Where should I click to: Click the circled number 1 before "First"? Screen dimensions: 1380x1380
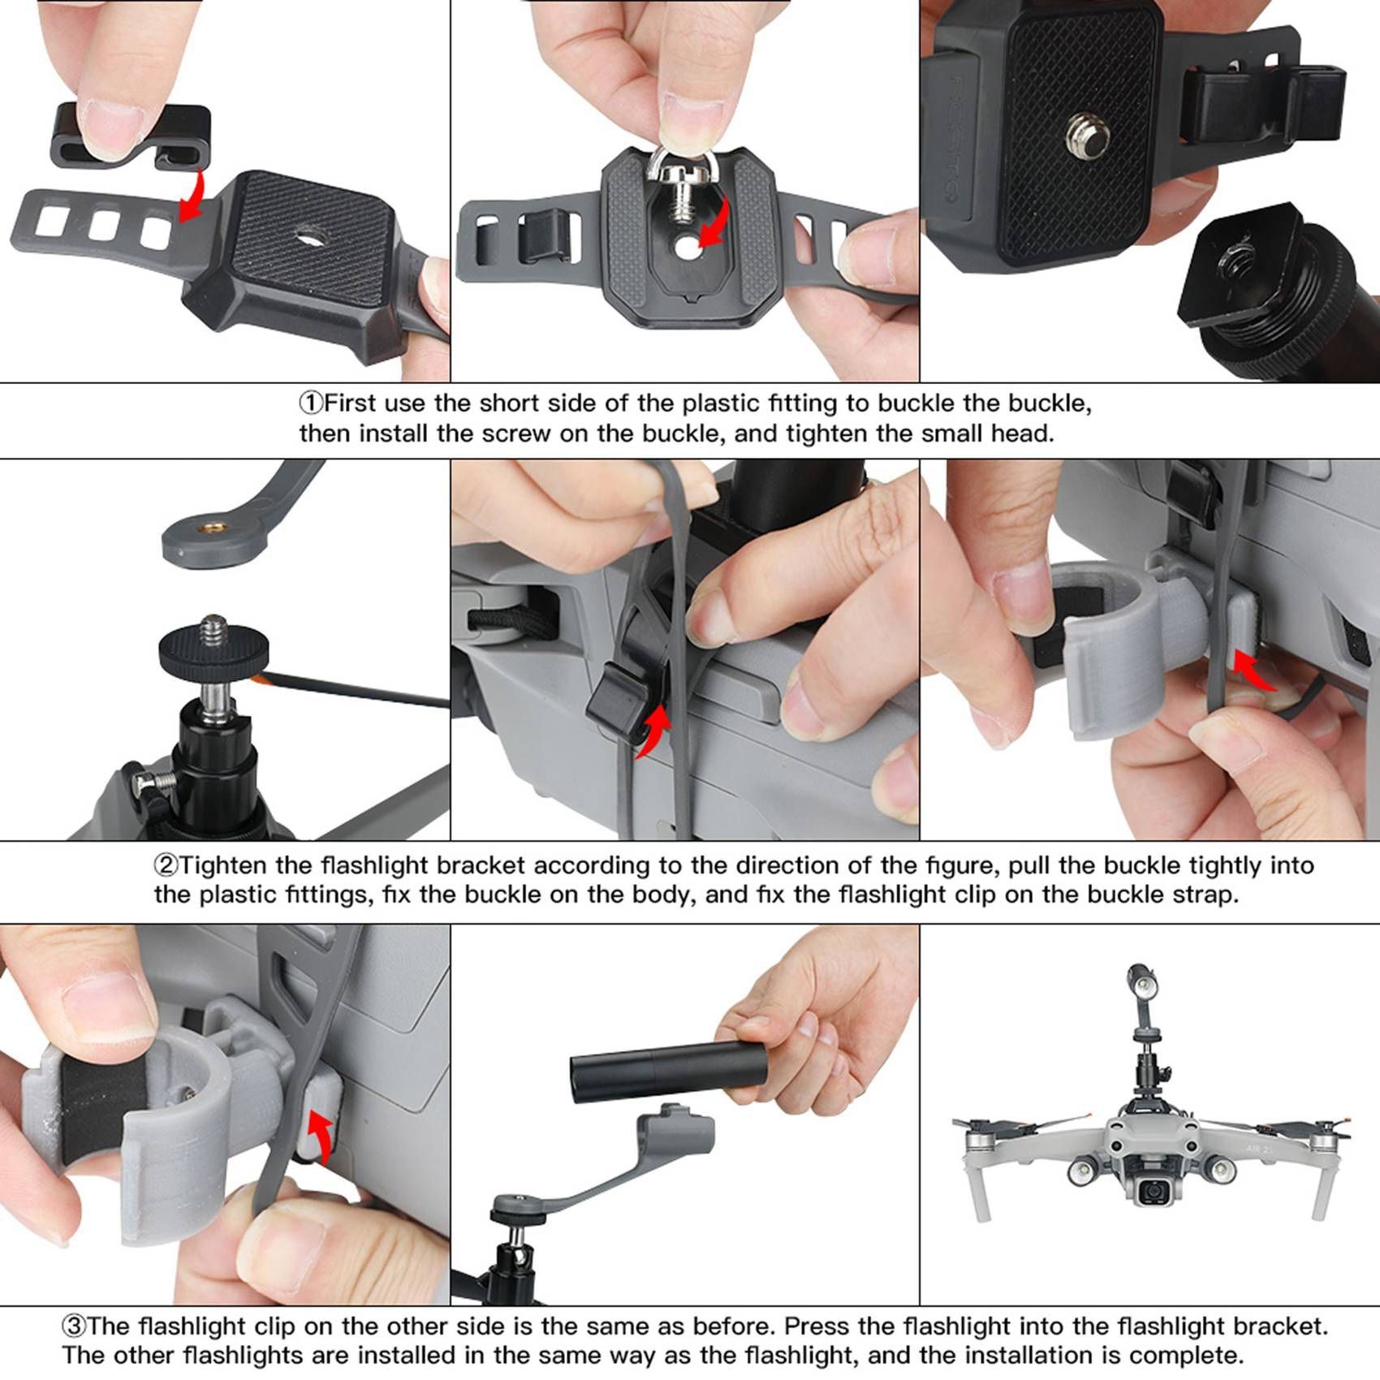click(311, 403)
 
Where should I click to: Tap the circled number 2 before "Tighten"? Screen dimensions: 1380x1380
click(166, 865)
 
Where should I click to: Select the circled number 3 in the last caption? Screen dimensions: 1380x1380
click(74, 1326)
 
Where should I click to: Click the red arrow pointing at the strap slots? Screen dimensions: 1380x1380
click(192, 196)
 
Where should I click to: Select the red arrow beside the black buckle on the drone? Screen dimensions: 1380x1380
click(654, 731)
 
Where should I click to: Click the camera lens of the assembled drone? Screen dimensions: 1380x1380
click(1151, 1192)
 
